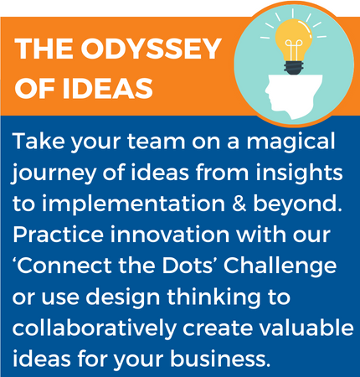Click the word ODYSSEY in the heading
(152, 49)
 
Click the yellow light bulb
(294, 40)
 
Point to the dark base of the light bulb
(294, 68)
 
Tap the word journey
(53, 174)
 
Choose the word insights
(299, 173)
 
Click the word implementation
(133, 204)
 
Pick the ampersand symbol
(239, 204)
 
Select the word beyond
(298, 204)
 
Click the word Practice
(58, 235)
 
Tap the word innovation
(170, 235)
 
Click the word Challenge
(280, 266)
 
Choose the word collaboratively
(94, 329)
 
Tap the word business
(220, 358)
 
